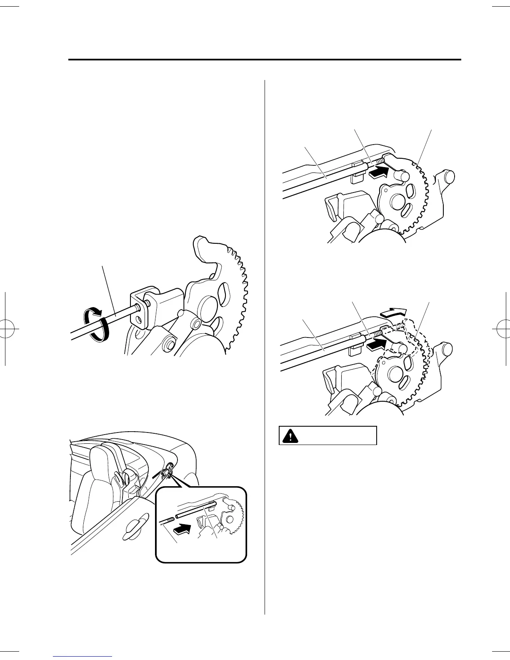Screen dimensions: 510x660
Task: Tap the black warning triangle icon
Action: point(288,435)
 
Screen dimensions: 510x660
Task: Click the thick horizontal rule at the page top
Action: point(265,60)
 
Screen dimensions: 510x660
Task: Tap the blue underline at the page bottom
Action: point(83,656)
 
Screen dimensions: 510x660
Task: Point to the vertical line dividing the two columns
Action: point(265,346)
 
